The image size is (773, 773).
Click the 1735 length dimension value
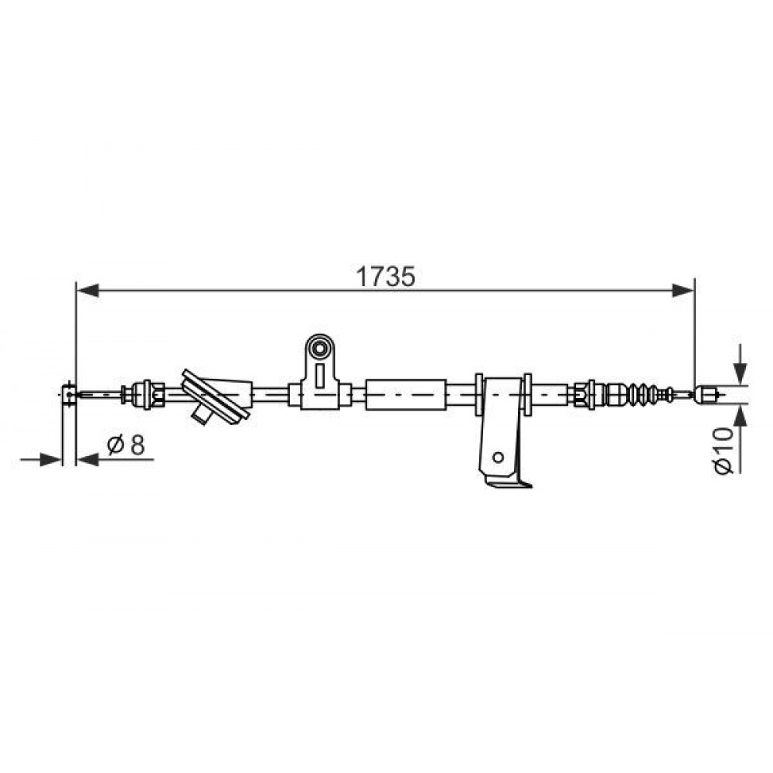pyautogui.click(x=386, y=277)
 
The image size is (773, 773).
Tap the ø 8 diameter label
pyautogui.click(x=126, y=445)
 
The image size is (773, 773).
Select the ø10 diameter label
pyautogui.click(x=724, y=450)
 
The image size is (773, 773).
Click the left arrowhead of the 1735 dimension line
pyautogui.click(x=88, y=291)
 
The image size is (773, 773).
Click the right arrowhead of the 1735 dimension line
pyautogui.click(x=683, y=291)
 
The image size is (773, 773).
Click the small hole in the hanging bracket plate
pyautogui.click(x=498, y=458)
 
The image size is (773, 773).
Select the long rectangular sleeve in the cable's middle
pyautogui.click(x=406, y=394)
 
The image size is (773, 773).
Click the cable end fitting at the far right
pyautogui.click(x=705, y=394)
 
